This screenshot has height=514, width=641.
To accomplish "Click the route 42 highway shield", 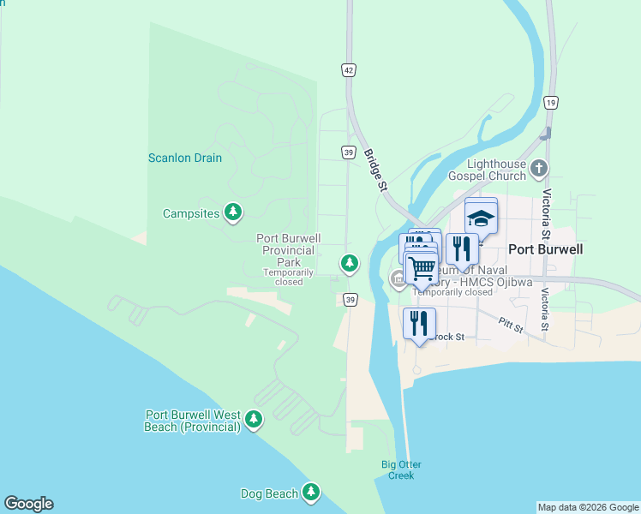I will coord(348,69).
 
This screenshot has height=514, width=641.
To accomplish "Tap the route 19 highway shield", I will coord(551,103).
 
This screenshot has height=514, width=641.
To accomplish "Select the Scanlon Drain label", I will coord(185,158).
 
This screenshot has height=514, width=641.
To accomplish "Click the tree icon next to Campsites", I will coord(232,212).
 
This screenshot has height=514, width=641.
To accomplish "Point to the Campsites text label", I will coord(191,213).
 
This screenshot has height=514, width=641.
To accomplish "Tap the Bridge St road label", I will coord(376,170).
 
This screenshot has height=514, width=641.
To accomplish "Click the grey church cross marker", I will coord(538,168).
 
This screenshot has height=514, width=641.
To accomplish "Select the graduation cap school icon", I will coord(481,218).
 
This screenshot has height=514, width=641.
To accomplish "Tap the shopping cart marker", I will coord(421,268).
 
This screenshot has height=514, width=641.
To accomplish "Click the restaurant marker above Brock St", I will coord(419,323).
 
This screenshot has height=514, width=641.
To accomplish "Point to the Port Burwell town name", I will coord(546,249).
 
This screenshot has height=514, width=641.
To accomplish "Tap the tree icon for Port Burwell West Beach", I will coord(253,419).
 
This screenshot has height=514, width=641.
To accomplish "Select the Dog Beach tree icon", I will coord(311,492).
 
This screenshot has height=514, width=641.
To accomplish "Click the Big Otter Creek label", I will coord(401,470).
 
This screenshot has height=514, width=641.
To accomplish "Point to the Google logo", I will coord(28,504).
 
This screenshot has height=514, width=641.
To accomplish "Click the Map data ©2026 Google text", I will coord(588,507).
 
